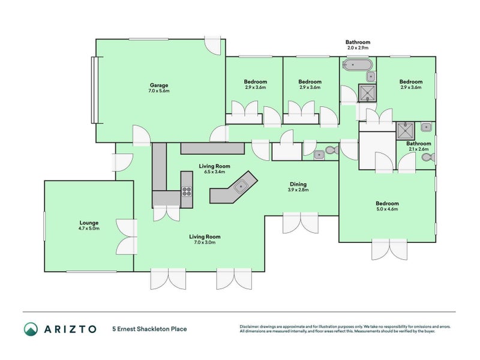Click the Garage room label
159,85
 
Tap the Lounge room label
89,223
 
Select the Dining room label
298,184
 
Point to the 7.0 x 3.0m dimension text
205,242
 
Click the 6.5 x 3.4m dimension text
214,172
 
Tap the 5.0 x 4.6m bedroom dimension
387,209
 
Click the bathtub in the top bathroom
357,65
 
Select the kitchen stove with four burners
187,191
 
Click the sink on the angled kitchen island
241,186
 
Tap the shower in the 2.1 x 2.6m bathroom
406,130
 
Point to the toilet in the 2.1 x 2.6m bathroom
428,158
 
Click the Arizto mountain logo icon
31,329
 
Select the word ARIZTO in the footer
70,329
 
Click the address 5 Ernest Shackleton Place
149,329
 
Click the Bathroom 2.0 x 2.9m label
358,44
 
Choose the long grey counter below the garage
212,148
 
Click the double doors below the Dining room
301,223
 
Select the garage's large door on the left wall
94,90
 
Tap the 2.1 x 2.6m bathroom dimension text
418,149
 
